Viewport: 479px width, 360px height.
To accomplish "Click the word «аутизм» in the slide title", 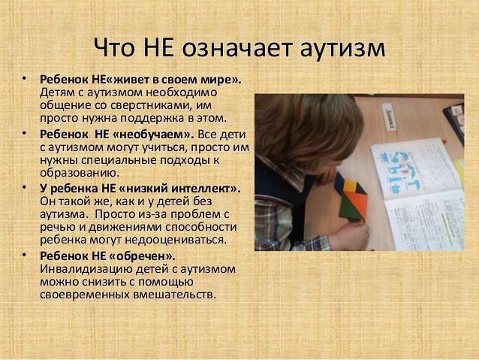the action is coord(342,48).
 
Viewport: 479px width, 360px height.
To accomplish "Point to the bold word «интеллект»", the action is coord(200,189).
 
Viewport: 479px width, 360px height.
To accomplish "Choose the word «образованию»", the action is coord(79,173).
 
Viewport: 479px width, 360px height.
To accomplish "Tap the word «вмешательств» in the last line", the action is coord(174,295).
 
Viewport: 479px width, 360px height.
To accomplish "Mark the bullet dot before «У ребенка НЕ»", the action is coord(25,187).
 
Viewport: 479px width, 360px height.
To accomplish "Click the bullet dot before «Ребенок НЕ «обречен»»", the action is coord(25,255).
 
